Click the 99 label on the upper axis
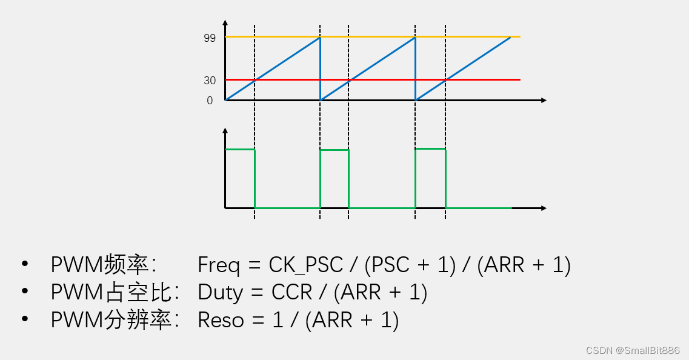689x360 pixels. point(210,38)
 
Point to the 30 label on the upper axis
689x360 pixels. point(210,80)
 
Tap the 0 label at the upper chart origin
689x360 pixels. point(210,101)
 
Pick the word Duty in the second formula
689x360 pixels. point(220,293)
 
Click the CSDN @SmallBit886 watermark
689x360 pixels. point(633,350)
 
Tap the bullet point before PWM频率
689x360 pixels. point(25,264)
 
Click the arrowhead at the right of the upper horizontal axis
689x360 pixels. point(544,100)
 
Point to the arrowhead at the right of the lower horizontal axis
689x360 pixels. point(544,208)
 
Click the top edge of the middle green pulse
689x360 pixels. point(335,150)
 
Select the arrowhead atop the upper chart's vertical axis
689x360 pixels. point(225,24)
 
